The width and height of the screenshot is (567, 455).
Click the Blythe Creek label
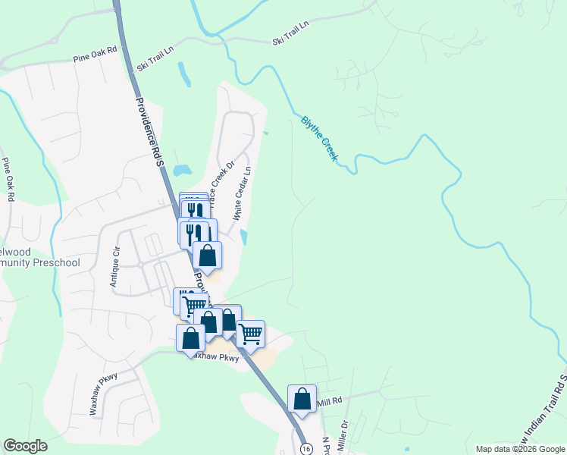(x=319, y=137)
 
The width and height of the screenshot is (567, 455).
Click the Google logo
(x=25, y=446)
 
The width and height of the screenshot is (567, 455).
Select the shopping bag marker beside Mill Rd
(x=302, y=399)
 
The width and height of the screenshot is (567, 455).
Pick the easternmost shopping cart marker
(x=250, y=334)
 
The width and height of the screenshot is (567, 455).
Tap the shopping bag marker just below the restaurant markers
(x=207, y=256)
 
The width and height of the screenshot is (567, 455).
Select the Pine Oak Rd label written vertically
(x=8, y=179)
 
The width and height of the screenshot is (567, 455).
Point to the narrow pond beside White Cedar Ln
(x=243, y=237)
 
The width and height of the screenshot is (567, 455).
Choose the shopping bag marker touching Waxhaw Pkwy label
(x=190, y=338)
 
